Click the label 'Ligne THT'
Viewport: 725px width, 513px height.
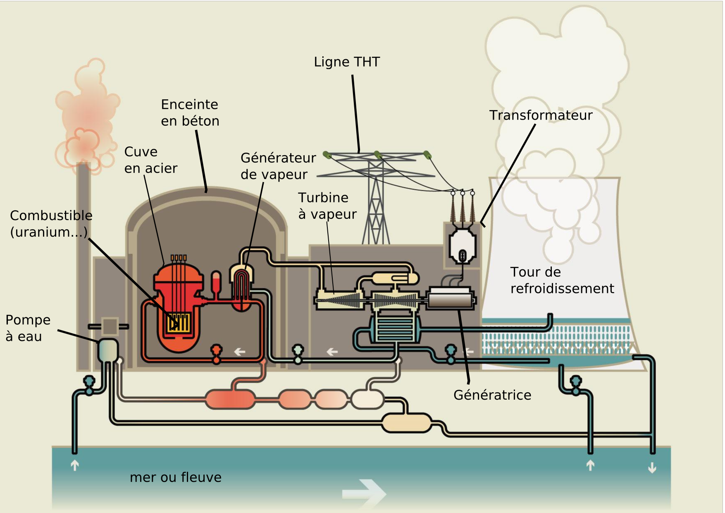tap(346, 62)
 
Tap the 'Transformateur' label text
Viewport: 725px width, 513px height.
tap(541, 115)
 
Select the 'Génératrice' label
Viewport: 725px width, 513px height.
tap(492, 395)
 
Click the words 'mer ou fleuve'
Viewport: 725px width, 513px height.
tap(175, 477)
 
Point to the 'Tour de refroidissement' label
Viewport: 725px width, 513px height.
tap(561, 280)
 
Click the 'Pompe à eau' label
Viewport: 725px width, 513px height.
tap(27, 328)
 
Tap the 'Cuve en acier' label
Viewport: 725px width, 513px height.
tap(150, 160)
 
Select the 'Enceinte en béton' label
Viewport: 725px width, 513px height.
tap(190, 113)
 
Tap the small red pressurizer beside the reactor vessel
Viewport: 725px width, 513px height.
tap(216, 283)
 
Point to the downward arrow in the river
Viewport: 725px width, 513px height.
tap(652, 468)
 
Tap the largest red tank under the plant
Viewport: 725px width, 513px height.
tap(230, 399)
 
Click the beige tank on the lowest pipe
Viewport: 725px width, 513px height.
tap(406, 423)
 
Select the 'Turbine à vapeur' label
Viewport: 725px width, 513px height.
tap(327, 206)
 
